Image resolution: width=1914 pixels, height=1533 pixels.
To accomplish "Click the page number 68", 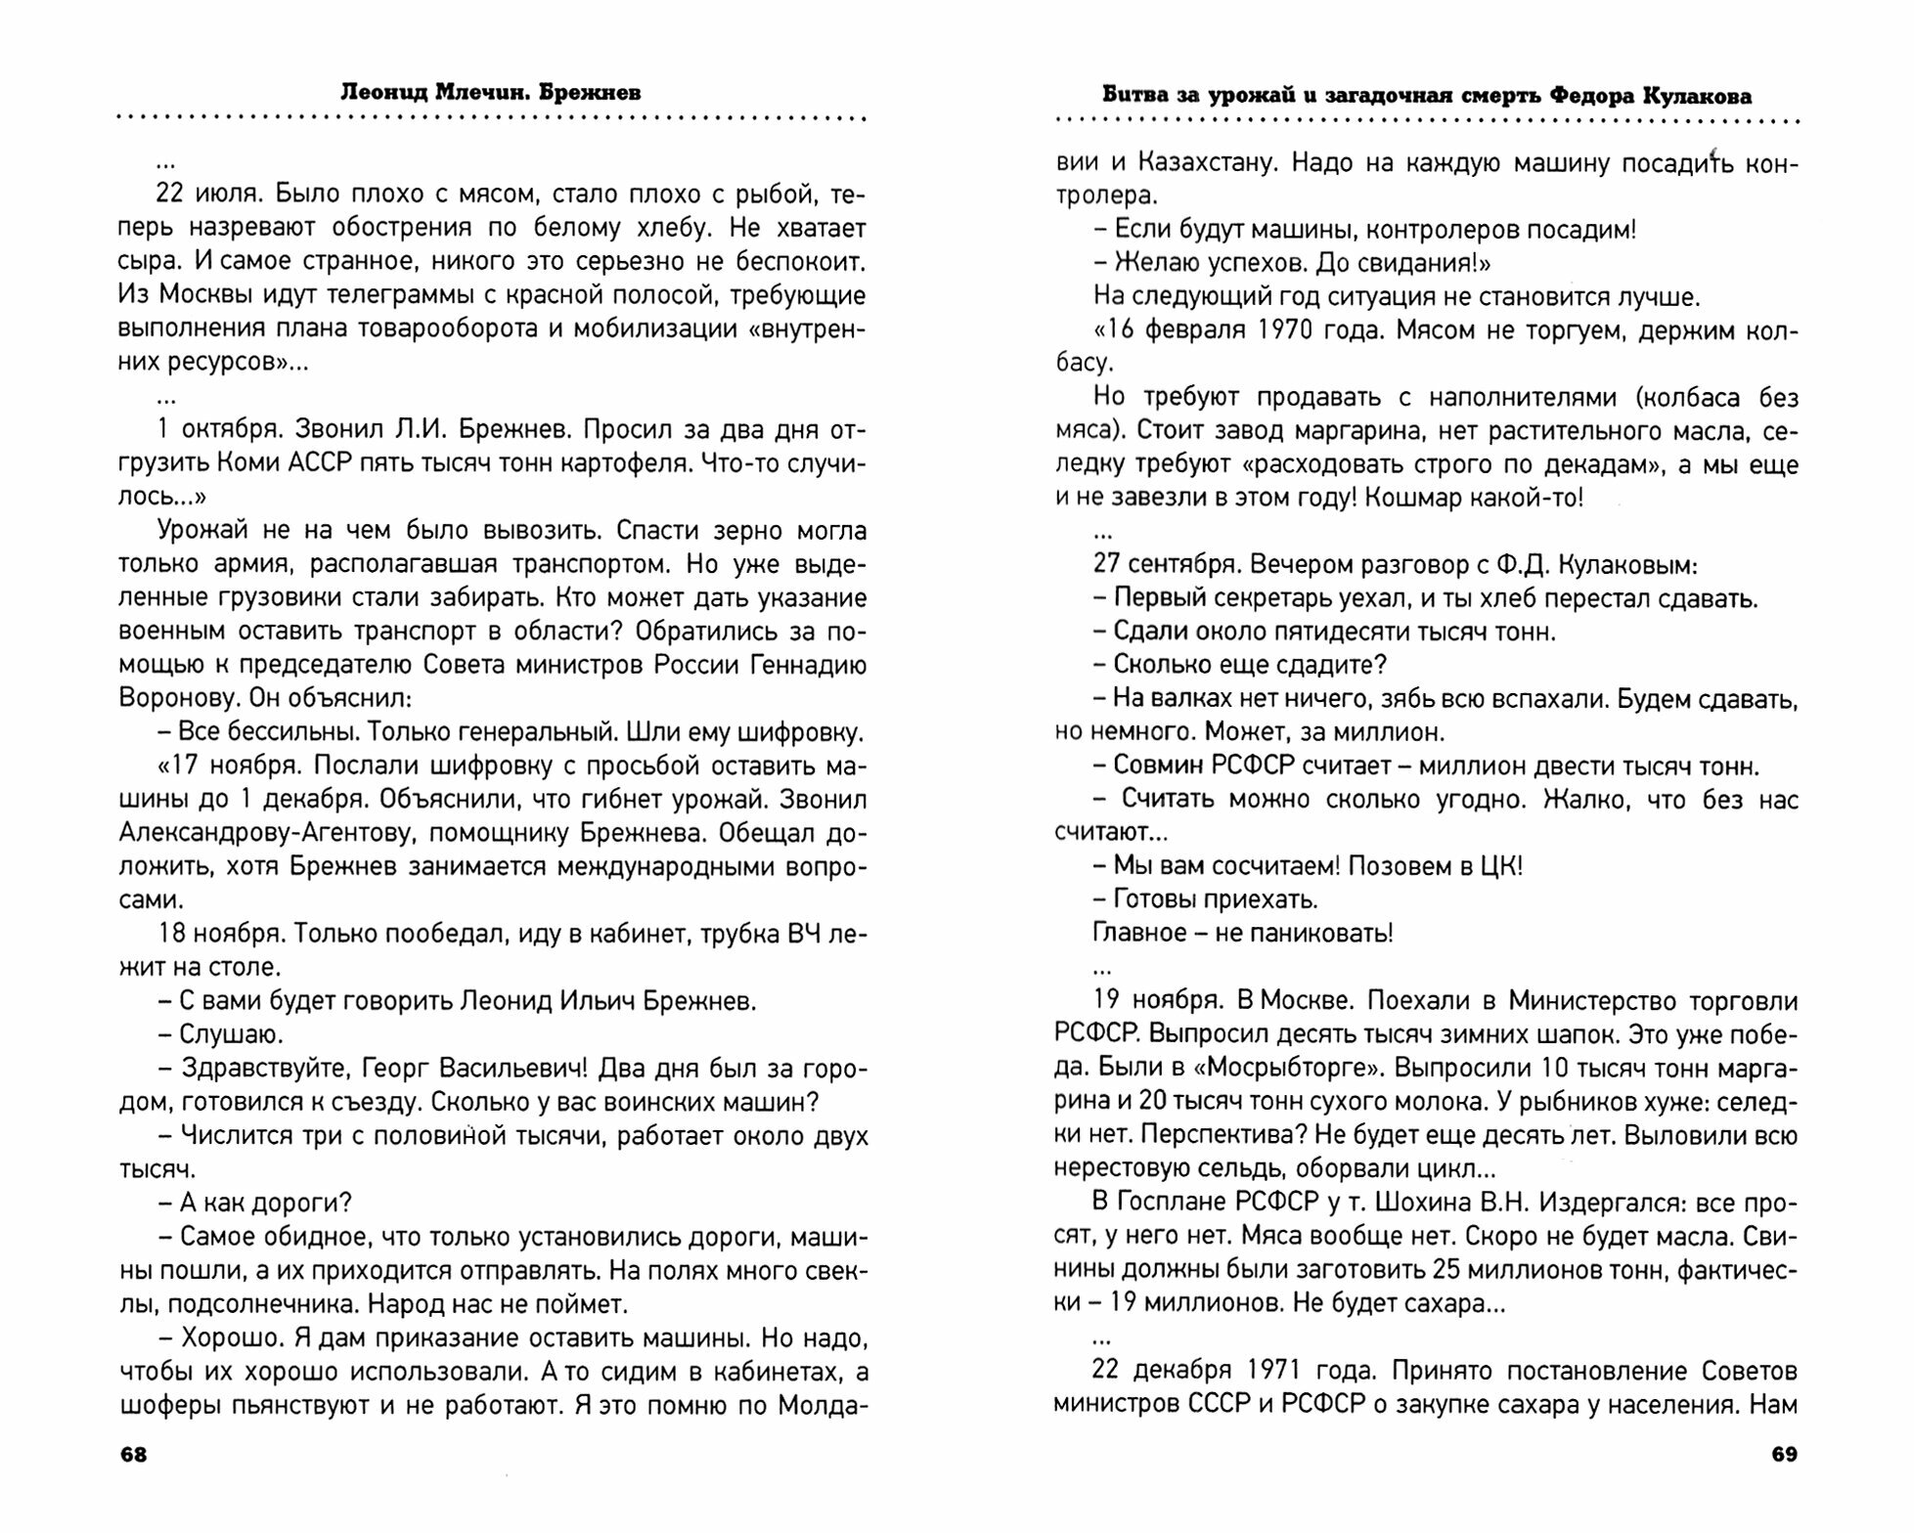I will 133,1455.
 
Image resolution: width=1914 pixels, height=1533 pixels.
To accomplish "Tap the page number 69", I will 1784,1455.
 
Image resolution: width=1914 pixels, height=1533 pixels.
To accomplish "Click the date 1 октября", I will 213,430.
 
